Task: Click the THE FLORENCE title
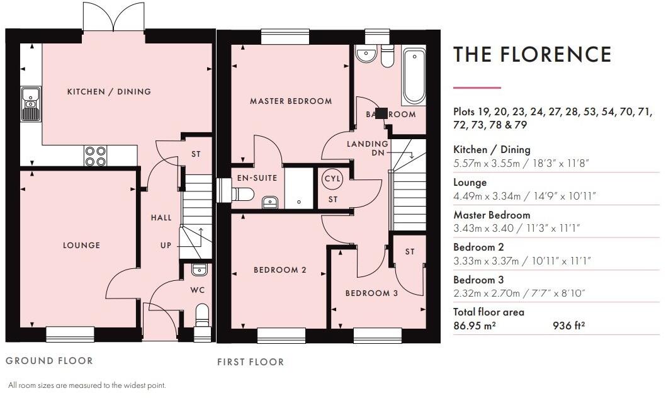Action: [x=532, y=54]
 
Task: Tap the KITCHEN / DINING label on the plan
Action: [x=110, y=92]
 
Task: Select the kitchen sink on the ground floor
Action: [x=30, y=104]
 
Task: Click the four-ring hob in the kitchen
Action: [x=96, y=156]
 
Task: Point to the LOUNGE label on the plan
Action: [x=82, y=245]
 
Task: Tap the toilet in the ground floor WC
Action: [x=202, y=314]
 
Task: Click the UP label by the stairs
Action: [x=166, y=245]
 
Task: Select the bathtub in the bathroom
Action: [x=414, y=76]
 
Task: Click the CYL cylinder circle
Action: [x=332, y=179]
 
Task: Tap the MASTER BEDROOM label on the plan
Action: [x=290, y=101]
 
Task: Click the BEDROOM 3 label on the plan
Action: [x=371, y=293]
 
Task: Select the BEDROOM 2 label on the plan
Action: [x=279, y=270]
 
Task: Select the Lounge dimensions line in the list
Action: [x=524, y=196]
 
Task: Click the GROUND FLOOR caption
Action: [x=49, y=361]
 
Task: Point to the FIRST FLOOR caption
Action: [x=251, y=362]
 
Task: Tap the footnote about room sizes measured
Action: [x=86, y=385]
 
